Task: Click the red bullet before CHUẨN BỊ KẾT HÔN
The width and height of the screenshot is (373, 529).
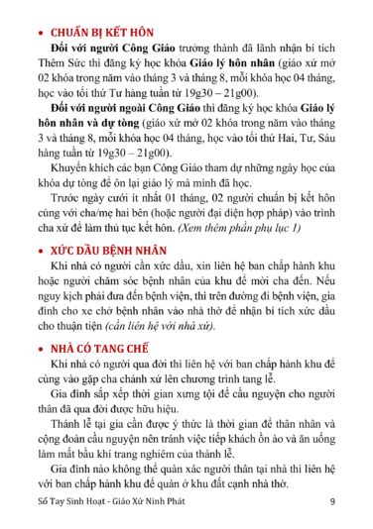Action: point(37,31)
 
